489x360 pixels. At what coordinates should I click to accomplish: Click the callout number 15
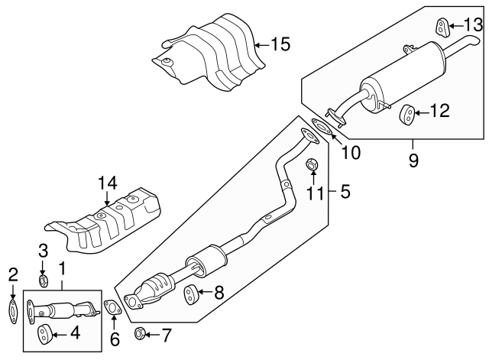click(x=280, y=44)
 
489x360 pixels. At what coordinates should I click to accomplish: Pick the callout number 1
click(x=62, y=270)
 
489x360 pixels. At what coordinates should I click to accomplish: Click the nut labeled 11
click(x=312, y=164)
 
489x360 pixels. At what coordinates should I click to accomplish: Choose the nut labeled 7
click(x=140, y=332)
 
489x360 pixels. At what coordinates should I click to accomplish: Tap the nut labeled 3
click(x=44, y=282)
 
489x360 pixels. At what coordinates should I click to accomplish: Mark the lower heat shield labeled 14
click(x=107, y=222)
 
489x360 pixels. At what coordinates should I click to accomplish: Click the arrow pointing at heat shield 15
click(x=260, y=44)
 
